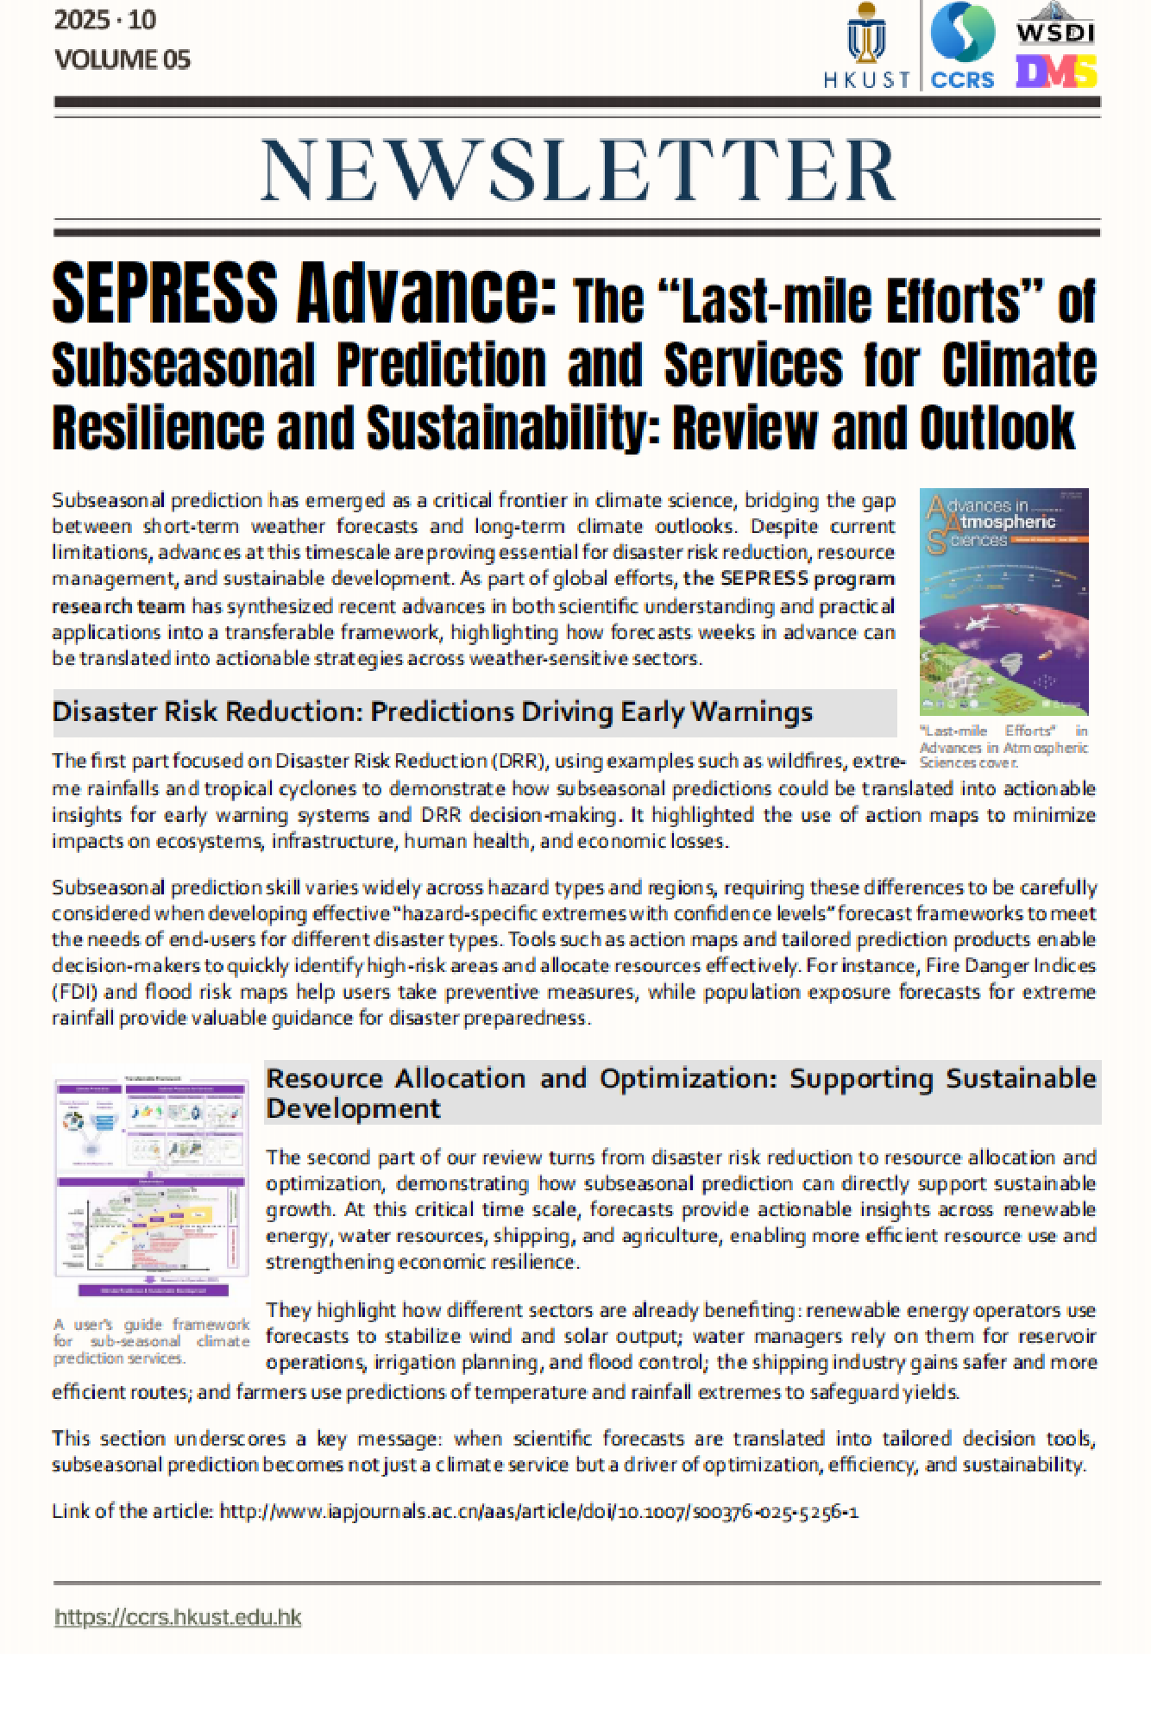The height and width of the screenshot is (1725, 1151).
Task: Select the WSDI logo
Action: (x=1055, y=26)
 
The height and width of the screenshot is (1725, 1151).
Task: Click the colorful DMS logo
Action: (x=1055, y=72)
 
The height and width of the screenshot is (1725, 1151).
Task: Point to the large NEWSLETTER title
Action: (x=577, y=170)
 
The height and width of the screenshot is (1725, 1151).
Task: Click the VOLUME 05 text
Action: (x=122, y=60)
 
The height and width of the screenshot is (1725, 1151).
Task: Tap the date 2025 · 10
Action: (x=105, y=20)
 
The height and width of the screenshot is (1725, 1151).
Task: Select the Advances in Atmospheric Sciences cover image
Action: (x=1003, y=601)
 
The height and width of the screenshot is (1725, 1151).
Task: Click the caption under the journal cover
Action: (x=1003, y=747)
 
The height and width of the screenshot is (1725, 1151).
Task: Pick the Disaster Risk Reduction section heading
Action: (x=432, y=712)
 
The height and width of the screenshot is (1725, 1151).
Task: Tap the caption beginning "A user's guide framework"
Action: (x=151, y=1341)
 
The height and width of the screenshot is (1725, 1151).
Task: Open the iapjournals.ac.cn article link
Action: (x=538, y=1511)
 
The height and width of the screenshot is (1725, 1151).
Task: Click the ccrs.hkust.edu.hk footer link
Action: (x=178, y=1617)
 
